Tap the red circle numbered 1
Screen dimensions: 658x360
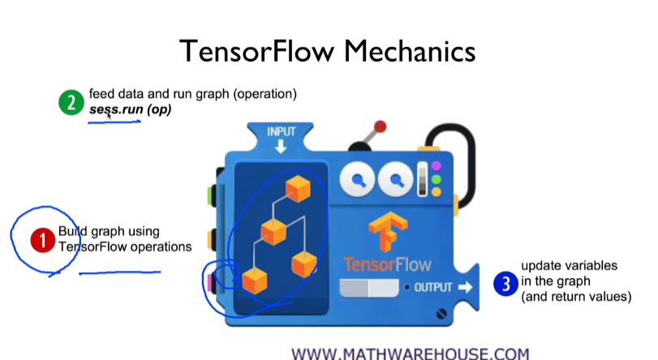tap(41, 240)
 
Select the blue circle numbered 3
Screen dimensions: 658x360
tap(505, 284)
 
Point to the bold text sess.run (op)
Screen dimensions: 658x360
tap(130, 109)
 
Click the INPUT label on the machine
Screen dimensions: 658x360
tap(282, 131)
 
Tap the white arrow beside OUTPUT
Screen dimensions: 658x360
tap(464, 287)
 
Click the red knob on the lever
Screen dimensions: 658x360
tap(379, 127)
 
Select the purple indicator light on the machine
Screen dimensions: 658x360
tap(436, 166)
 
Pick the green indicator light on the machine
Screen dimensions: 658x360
tap(436, 179)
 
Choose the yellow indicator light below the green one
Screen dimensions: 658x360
tap(436, 192)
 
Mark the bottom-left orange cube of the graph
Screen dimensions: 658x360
tap(255, 281)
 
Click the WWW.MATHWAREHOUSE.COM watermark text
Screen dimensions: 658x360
tap(410, 354)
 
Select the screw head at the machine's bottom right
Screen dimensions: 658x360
tap(441, 312)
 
